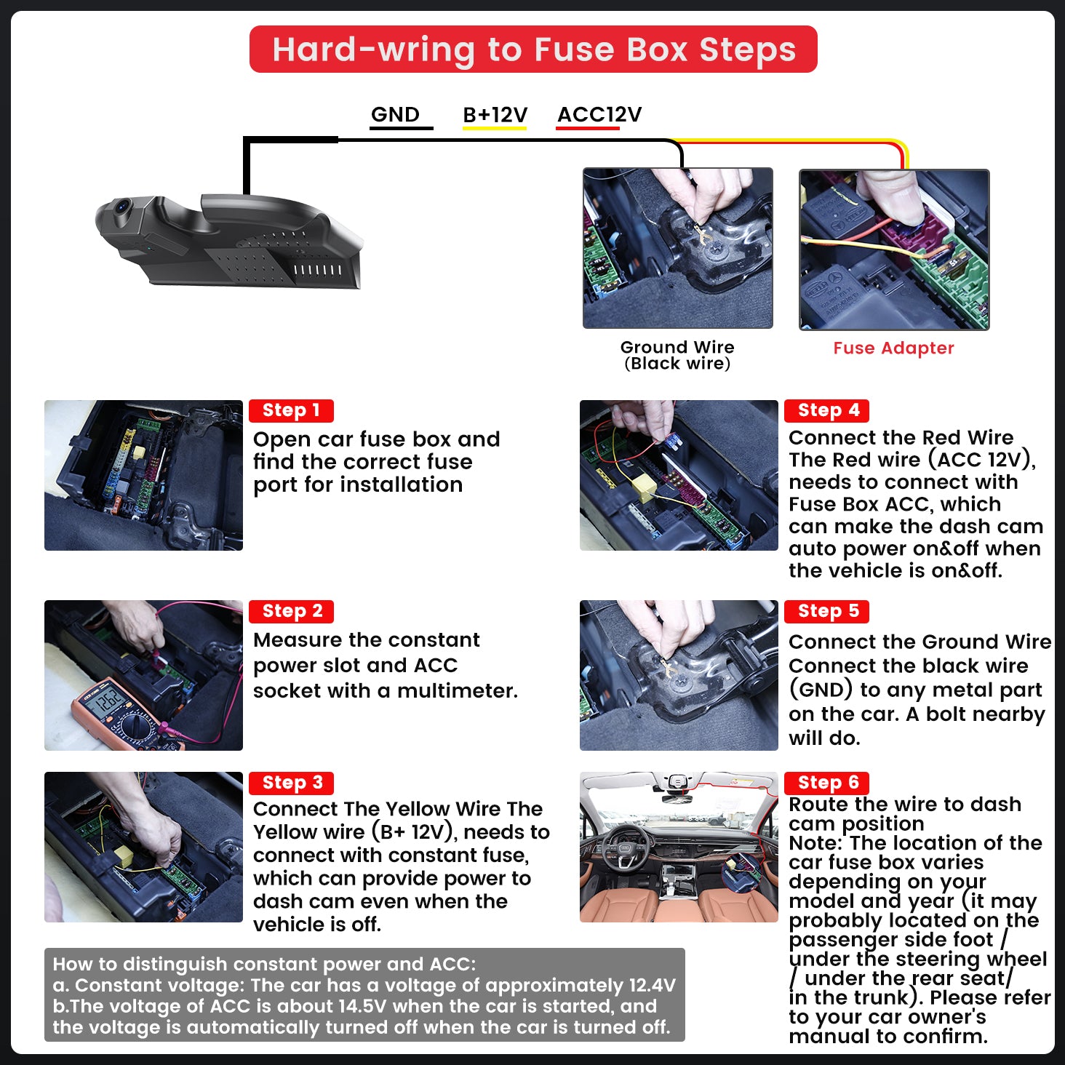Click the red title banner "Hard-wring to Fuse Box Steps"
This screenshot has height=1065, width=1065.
[x=532, y=49]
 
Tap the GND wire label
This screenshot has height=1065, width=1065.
[x=395, y=114]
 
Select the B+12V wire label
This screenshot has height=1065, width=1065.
[x=495, y=114]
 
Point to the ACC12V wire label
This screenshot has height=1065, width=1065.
[x=599, y=114]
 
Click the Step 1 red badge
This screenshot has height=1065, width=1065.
[x=291, y=410]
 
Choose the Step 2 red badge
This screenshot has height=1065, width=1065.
[x=291, y=611]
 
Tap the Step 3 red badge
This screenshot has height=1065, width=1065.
[x=291, y=783]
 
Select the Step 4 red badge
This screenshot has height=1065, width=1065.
[x=827, y=410]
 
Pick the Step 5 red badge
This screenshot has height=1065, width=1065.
[x=827, y=611]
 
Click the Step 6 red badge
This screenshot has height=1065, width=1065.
[x=827, y=783]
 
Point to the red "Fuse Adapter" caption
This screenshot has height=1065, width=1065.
[x=893, y=348]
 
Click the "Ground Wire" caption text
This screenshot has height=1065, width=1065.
[x=677, y=347]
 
